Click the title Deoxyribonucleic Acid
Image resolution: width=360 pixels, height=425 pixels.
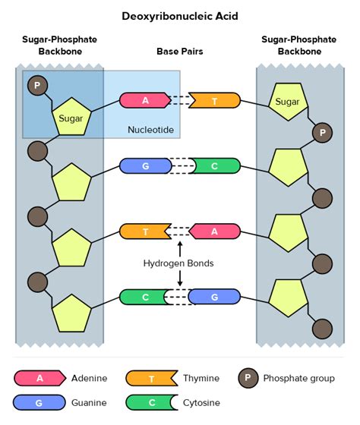[x=179, y=15]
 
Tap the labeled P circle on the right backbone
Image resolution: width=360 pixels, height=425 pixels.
[x=323, y=134]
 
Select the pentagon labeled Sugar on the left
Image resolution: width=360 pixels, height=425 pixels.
[x=71, y=118]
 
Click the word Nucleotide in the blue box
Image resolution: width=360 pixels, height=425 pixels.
[x=150, y=131]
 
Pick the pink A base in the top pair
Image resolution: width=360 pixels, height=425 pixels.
[x=144, y=100]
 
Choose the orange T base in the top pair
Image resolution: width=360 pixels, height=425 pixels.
[x=216, y=100]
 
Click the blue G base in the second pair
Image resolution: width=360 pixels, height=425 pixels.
[x=144, y=166]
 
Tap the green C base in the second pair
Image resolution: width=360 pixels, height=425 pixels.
[x=216, y=166]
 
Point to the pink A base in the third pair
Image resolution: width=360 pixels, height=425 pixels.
[x=216, y=231]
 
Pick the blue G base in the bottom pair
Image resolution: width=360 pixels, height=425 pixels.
[x=216, y=297]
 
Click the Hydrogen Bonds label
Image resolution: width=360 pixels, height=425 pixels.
[x=178, y=263]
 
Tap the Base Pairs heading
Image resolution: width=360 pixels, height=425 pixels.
[x=179, y=52]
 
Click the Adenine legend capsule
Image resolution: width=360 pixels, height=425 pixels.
[x=39, y=378]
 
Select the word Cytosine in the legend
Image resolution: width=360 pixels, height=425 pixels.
[x=201, y=402]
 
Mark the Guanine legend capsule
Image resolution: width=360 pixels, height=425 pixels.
[x=39, y=402]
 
